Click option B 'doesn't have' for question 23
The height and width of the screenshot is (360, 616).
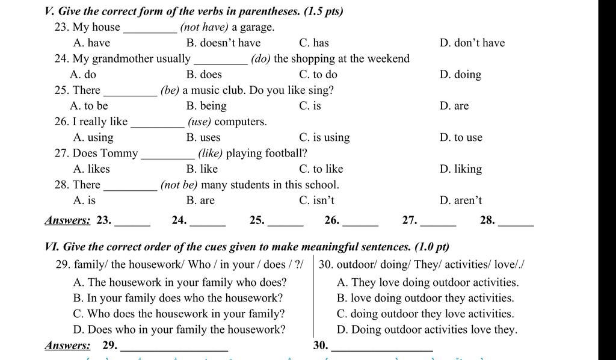click(223, 43)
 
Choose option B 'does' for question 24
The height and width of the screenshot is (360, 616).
click(204, 75)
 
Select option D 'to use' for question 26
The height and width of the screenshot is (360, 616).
click(461, 137)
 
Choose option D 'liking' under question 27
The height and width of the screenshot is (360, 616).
click(461, 169)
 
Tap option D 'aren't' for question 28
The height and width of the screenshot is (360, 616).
click(461, 200)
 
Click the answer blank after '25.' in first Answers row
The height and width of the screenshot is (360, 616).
click(285, 222)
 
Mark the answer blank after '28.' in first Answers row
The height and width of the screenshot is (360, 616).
click(516, 222)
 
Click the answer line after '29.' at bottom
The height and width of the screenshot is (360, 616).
click(174, 347)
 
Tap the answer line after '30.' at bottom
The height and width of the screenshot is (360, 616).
click(382, 347)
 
